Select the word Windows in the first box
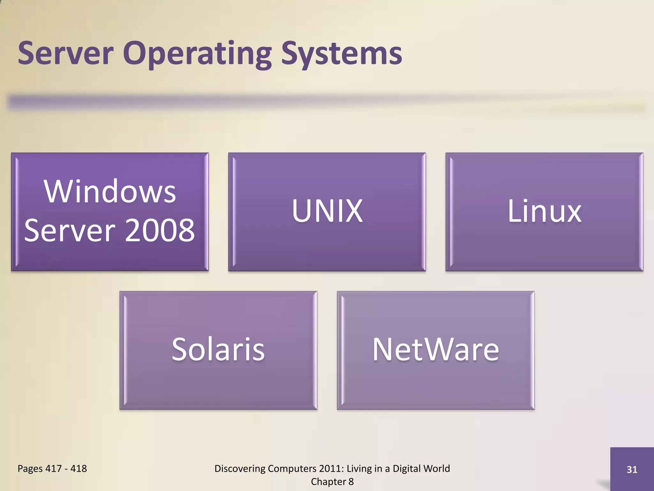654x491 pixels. (x=110, y=191)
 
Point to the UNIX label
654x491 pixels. (x=327, y=211)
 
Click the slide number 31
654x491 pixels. (x=632, y=470)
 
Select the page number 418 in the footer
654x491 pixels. (x=79, y=469)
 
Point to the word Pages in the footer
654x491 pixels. (x=30, y=469)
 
